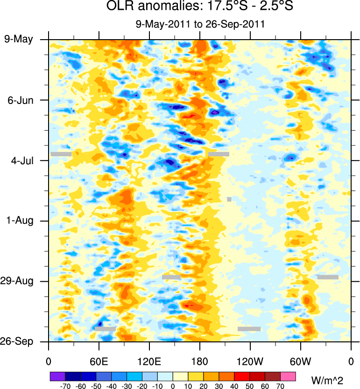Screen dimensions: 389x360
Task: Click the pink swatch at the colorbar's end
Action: (289, 376)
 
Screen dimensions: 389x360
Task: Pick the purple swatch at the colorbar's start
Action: (57, 376)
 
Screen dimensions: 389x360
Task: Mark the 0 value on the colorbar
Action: (173, 386)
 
